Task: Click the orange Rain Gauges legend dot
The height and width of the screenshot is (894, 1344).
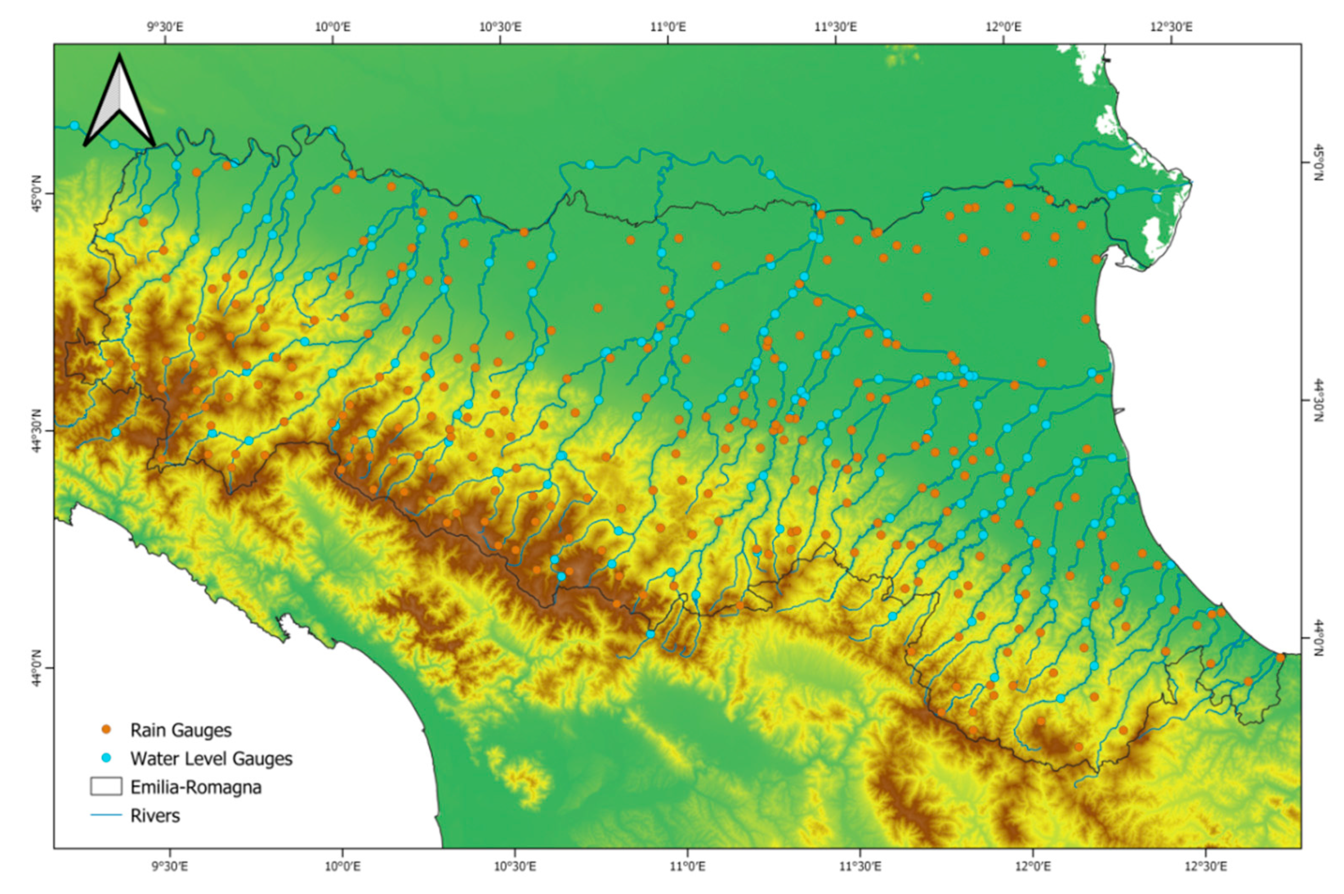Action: point(106,729)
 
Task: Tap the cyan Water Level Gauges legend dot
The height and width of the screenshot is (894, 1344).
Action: point(106,758)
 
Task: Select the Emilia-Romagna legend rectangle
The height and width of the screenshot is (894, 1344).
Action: point(106,786)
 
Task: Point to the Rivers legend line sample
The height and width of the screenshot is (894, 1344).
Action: point(106,815)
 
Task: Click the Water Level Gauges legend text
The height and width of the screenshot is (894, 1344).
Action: point(211,758)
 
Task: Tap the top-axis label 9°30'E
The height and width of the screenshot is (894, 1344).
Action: point(166,27)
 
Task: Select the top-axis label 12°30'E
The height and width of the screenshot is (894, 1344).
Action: point(1170,27)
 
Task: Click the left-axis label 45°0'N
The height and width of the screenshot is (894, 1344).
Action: point(36,194)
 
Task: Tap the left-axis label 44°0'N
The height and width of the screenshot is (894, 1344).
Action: point(36,668)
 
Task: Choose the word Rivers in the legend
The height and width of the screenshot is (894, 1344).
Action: point(155,815)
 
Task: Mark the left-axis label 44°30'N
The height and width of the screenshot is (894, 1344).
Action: point(36,432)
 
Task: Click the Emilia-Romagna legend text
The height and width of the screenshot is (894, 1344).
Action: point(196,787)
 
